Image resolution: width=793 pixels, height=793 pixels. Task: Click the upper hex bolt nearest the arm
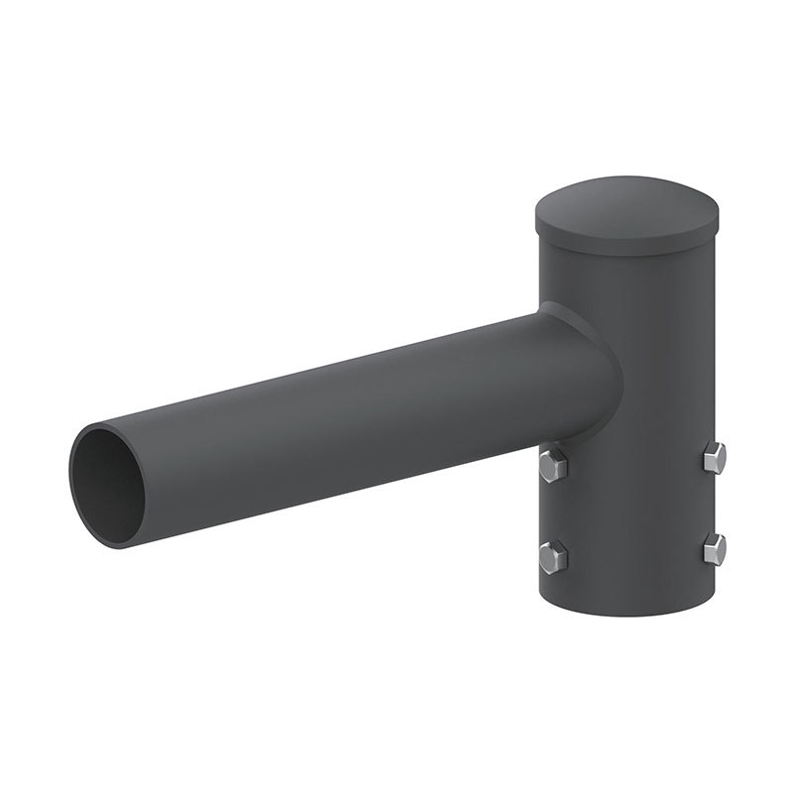coord(553,464)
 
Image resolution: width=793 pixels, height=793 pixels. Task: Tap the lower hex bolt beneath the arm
coord(553,557)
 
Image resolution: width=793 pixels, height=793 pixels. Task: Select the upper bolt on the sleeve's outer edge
coord(714,457)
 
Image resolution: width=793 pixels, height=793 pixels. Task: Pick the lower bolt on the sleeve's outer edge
coord(714,548)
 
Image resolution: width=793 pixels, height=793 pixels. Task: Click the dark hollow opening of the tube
coord(105,486)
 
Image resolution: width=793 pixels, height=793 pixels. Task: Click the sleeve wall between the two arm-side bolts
coord(555,510)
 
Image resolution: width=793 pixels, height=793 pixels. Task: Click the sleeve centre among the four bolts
coord(634,506)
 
